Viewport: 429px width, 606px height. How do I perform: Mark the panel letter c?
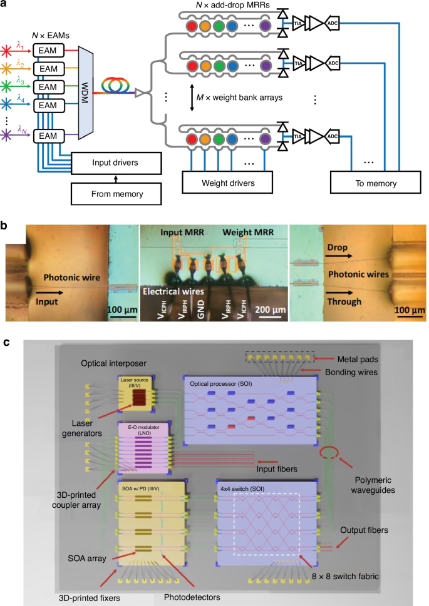point(5,343)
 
